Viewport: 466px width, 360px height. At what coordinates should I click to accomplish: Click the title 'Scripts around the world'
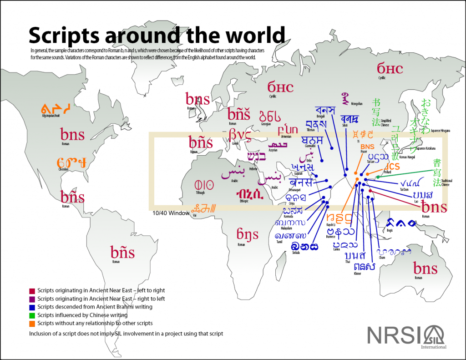pos(157,35)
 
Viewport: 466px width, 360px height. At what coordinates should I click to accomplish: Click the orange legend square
pos(31,323)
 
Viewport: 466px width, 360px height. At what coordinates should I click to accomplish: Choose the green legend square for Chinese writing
pos(31,315)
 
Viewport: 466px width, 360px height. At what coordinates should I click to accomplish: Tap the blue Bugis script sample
pos(401,223)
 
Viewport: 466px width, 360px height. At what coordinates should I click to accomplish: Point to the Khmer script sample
pos(365,267)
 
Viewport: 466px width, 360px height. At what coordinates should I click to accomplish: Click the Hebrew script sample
pos(257,156)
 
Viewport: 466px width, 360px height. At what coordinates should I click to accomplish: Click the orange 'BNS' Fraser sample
pos(367,147)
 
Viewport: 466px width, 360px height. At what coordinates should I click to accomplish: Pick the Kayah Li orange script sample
pos(339,219)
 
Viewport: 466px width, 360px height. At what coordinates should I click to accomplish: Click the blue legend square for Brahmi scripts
pos(31,307)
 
